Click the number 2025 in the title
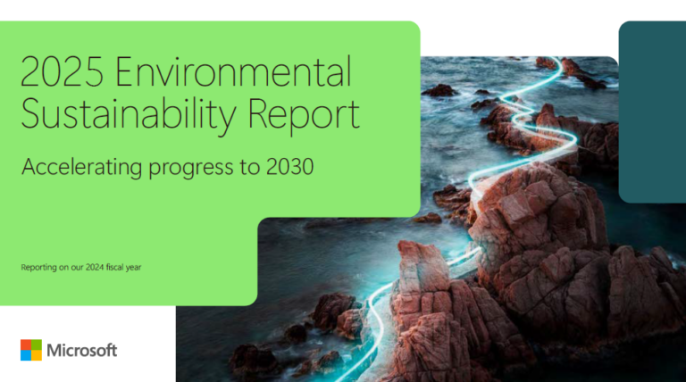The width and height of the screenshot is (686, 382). click(x=62, y=72)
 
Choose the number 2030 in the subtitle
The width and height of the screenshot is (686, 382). click(x=287, y=166)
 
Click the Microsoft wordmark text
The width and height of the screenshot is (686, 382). click(x=81, y=350)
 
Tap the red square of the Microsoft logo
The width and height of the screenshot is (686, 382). click(x=26, y=345)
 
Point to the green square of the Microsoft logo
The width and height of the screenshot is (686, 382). click(x=37, y=345)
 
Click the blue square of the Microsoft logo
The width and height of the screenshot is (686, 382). click(x=26, y=355)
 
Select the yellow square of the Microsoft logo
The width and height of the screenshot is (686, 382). click(x=37, y=355)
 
